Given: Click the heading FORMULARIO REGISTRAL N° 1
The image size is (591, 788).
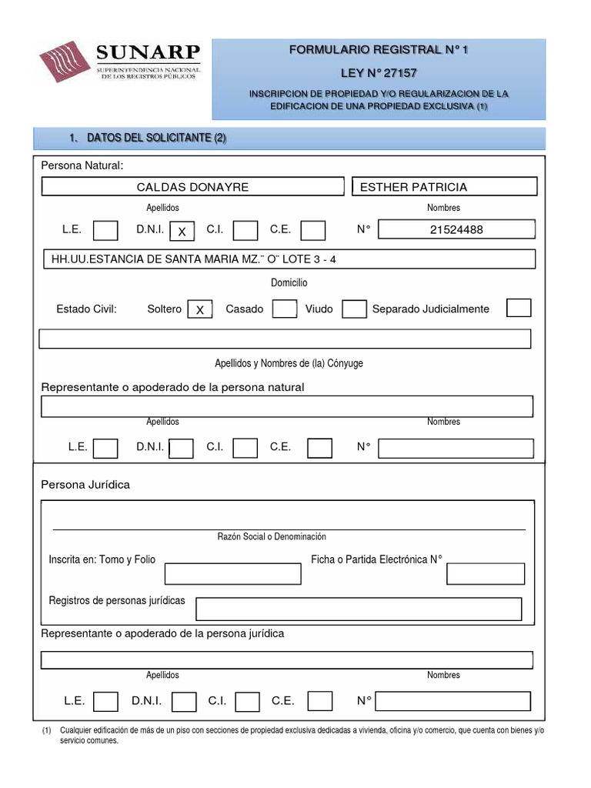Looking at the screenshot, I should (378, 50).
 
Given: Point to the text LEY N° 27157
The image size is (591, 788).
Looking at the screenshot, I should (378, 73).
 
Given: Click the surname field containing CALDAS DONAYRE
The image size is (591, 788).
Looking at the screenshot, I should (192, 187).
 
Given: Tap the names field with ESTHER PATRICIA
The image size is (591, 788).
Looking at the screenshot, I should (444, 187).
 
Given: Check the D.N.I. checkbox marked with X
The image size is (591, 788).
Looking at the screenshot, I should (182, 231).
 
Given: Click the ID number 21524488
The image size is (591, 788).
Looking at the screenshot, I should (457, 229).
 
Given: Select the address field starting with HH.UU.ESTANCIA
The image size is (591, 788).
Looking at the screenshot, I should (288, 259).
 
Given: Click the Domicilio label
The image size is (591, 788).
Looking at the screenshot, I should (289, 283).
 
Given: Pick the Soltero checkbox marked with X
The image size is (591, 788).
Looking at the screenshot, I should (199, 309).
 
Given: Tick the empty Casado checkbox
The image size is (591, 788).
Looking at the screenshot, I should (285, 309).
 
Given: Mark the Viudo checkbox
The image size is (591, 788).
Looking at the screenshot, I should (354, 309).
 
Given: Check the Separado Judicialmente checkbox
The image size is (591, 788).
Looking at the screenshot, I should (519, 308).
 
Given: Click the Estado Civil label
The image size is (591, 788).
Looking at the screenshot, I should (86, 309).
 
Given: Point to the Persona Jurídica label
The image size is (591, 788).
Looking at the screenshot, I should (85, 485).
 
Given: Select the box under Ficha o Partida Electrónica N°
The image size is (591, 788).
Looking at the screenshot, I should (486, 574).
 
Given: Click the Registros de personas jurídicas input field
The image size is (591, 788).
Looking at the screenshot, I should (359, 609).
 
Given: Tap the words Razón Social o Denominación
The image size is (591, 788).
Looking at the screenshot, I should (272, 536).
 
